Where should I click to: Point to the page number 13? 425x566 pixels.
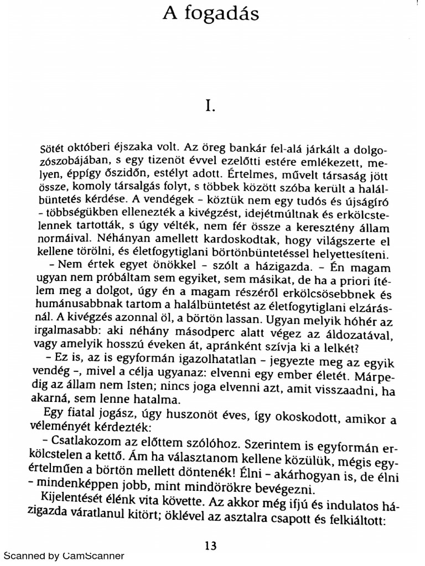[x=210, y=546]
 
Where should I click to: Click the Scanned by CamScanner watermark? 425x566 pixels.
[x=64, y=556]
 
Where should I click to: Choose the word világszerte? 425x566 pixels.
[x=334, y=241]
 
